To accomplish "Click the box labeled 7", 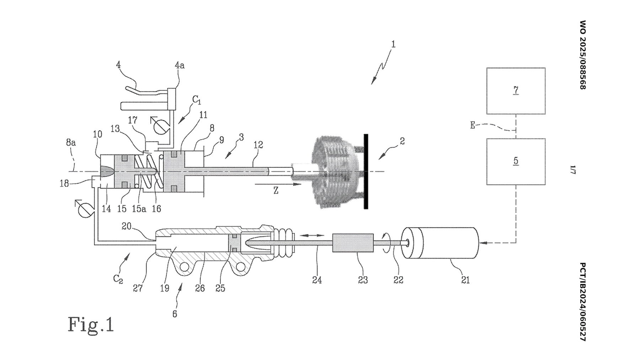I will coord(516,91).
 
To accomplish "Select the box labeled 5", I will coord(516,162).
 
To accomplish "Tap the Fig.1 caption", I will coord(91,324).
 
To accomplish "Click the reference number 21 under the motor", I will coord(465,280).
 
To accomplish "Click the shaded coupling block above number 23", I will coord(353,243).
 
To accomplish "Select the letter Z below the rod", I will coord(276,191).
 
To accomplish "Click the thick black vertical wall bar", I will coord(366,171).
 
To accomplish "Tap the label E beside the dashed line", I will coord(473,125).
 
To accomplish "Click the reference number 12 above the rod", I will coord(258,145).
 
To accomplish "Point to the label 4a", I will coord(180,65).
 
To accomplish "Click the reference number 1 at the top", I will coord(393,44).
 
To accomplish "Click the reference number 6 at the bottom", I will coord(175,314).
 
